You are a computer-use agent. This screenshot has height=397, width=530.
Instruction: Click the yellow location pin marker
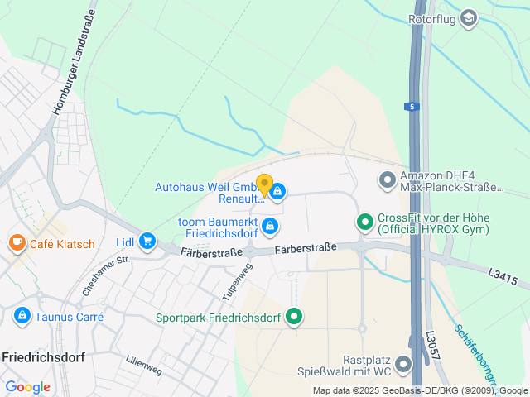(x=264, y=185)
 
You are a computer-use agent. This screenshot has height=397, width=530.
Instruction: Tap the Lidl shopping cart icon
(x=147, y=241)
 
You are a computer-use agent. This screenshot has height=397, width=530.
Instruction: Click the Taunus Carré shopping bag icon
(x=22, y=316)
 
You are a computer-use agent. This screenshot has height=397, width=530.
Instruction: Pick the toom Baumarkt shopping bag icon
(x=269, y=225)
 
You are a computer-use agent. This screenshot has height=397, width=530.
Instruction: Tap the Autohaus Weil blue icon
(x=277, y=193)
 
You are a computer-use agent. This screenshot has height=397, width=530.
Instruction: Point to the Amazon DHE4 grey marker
(x=387, y=179)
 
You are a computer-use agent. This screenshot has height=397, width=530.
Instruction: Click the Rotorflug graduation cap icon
(x=469, y=18)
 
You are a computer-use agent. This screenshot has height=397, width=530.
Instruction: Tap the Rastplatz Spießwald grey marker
(x=403, y=364)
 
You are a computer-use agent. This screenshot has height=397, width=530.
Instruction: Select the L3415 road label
(x=503, y=277)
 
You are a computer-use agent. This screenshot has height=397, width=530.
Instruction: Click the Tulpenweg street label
(x=236, y=282)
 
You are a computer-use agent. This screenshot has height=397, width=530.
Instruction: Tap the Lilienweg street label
(x=143, y=365)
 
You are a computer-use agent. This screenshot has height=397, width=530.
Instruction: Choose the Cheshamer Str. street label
(x=107, y=275)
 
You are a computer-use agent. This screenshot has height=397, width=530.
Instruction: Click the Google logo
(x=27, y=386)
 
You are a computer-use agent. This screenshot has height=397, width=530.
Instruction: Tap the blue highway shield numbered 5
(x=412, y=107)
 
